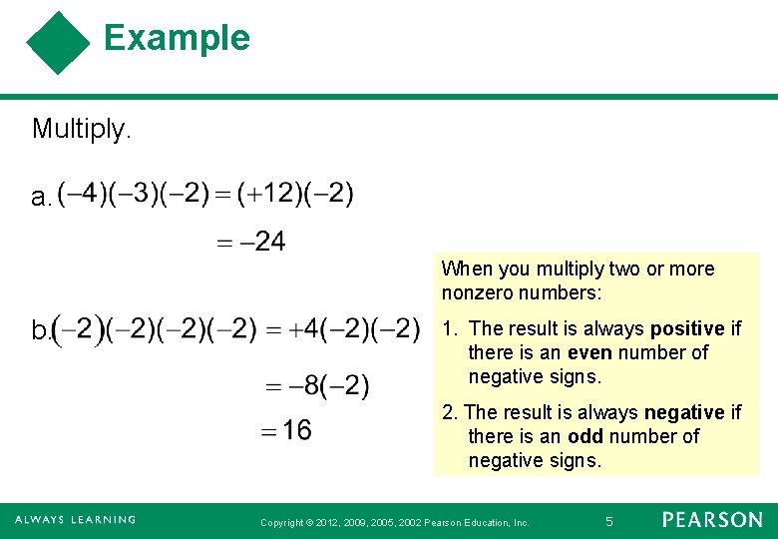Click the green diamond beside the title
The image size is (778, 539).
pyautogui.click(x=58, y=43)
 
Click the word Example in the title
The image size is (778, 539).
pyautogui.click(x=177, y=38)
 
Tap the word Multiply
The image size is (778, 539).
pyautogui.click(x=82, y=129)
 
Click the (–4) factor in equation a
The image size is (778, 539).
pyautogui.click(x=78, y=194)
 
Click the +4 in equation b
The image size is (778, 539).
pyautogui.click(x=306, y=328)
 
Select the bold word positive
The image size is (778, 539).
pyautogui.click(x=687, y=328)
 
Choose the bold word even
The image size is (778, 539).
pyautogui.click(x=590, y=352)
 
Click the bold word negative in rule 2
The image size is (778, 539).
pyautogui.click(x=684, y=412)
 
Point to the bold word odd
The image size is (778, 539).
pyautogui.click(x=585, y=436)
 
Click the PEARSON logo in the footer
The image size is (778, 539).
pyautogui.click(x=711, y=520)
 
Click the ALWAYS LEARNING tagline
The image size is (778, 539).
pyautogui.click(x=76, y=520)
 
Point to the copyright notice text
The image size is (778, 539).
pyautogui.click(x=394, y=522)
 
